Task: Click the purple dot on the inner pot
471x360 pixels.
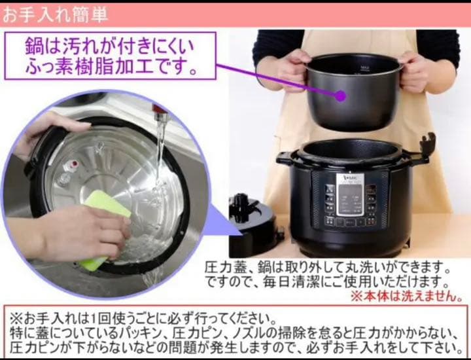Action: point(340,96)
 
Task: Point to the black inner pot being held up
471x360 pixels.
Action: point(353,92)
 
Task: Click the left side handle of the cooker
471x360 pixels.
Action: point(288,158)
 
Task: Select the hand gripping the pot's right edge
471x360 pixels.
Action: point(415,72)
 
